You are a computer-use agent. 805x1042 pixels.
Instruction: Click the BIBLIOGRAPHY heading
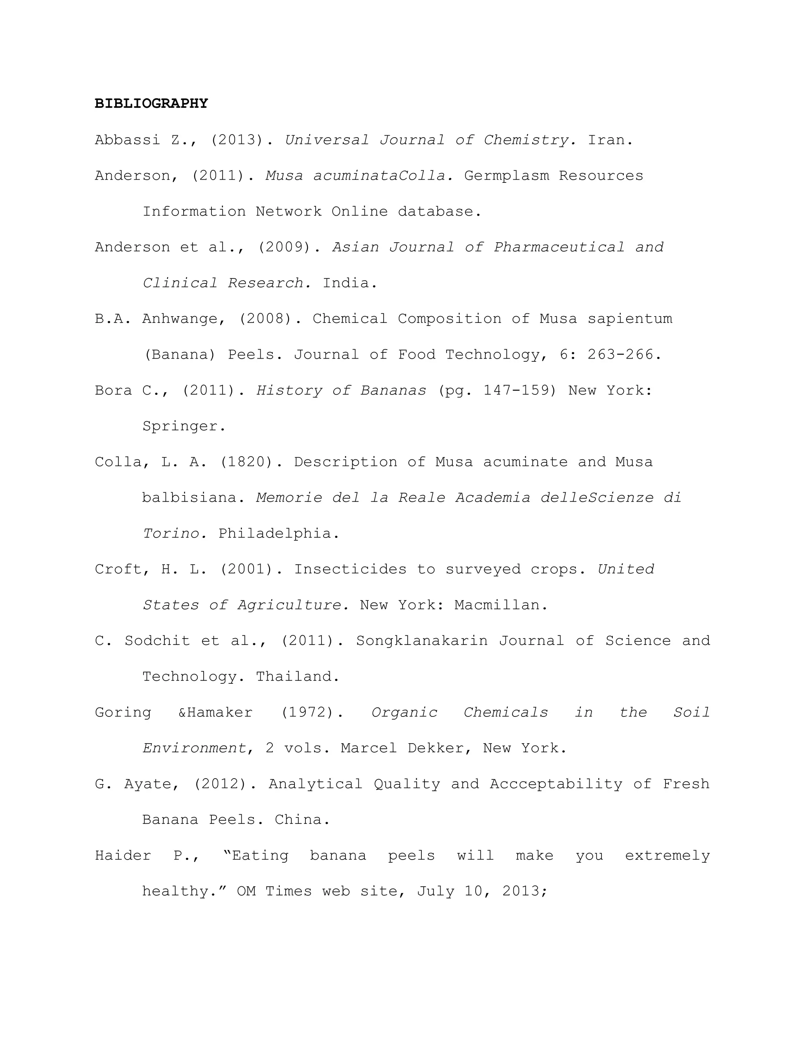coord(151,103)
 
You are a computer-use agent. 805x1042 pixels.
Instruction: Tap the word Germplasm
coord(506,176)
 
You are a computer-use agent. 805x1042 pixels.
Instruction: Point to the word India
coord(349,283)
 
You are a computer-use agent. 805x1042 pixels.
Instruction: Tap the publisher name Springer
coord(184,426)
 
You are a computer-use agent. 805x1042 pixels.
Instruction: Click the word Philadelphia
coord(279,534)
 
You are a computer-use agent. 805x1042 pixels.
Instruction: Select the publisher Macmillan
coord(500,605)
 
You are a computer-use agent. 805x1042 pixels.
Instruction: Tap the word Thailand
coord(297,677)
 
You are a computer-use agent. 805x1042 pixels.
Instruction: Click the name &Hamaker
coord(215,712)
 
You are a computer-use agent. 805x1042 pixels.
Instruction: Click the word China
coord(302,820)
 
